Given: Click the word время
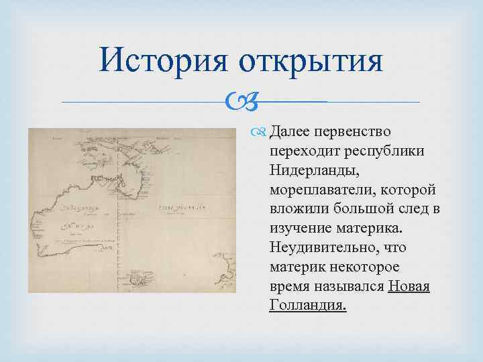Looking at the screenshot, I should (x=289, y=287).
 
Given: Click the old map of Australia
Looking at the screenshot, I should (x=132, y=210).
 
